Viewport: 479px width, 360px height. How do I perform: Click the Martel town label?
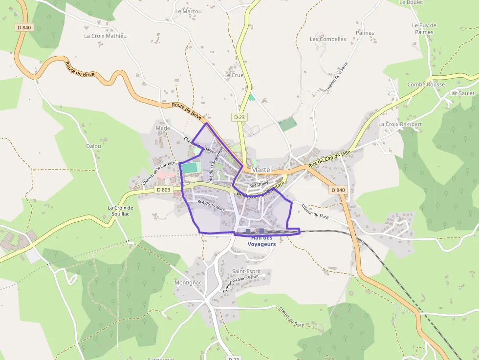261,169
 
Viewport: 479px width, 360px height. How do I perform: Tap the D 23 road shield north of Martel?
239,117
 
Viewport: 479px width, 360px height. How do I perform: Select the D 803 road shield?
163,190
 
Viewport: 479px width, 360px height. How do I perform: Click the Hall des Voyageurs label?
261,241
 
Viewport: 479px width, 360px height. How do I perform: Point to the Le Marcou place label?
185,11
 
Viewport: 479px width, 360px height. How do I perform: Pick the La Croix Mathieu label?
105,36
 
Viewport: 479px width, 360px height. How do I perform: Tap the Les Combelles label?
328,39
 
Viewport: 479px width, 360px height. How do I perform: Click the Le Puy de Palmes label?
424,28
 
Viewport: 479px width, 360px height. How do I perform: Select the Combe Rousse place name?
426,85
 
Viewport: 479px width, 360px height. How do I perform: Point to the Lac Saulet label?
461,93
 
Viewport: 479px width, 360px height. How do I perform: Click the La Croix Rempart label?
400,125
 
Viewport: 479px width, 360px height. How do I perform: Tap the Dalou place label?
93,146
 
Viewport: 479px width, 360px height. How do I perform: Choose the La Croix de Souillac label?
120,211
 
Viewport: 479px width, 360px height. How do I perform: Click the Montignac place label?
188,283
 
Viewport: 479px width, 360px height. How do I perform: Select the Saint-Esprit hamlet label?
246,271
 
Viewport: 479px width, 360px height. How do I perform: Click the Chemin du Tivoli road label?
315,212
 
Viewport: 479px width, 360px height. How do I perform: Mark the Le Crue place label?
234,75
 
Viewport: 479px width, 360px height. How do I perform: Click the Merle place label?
163,128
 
